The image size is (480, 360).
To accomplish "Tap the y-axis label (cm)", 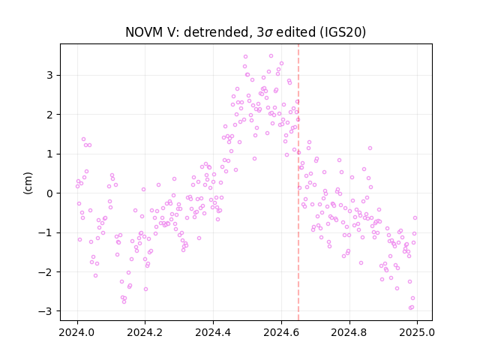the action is pyautogui.click(x=28, y=183).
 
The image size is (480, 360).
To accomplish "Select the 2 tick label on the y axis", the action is pyautogui.click(x=49, y=115).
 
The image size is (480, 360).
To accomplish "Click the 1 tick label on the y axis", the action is pyautogui.click(x=49, y=154).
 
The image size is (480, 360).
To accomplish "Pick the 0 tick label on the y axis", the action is pyautogui.click(x=49, y=193).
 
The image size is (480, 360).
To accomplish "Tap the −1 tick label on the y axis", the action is pyautogui.click(x=46, y=232).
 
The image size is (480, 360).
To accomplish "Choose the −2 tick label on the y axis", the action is pyautogui.click(x=46, y=271).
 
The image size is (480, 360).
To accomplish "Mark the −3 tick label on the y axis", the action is pyautogui.click(x=46, y=311).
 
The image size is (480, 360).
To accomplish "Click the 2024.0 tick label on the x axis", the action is pyautogui.click(x=77, y=332).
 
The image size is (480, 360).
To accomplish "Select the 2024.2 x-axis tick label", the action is pyautogui.click(x=145, y=332).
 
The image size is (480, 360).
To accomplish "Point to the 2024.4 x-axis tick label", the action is pyautogui.click(x=213, y=332).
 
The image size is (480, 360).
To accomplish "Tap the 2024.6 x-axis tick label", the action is pyautogui.click(x=281, y=332).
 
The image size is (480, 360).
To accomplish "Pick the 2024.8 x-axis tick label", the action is pyautogui.click(x=349, y=332).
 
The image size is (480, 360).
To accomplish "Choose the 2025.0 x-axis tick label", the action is pyautogui.click(x=417, y=332).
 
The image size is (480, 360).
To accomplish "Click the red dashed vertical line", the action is pyautogui.click(x=298, y=182).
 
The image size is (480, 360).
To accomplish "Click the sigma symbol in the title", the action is pyautogui.click(x=268, y=33).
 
